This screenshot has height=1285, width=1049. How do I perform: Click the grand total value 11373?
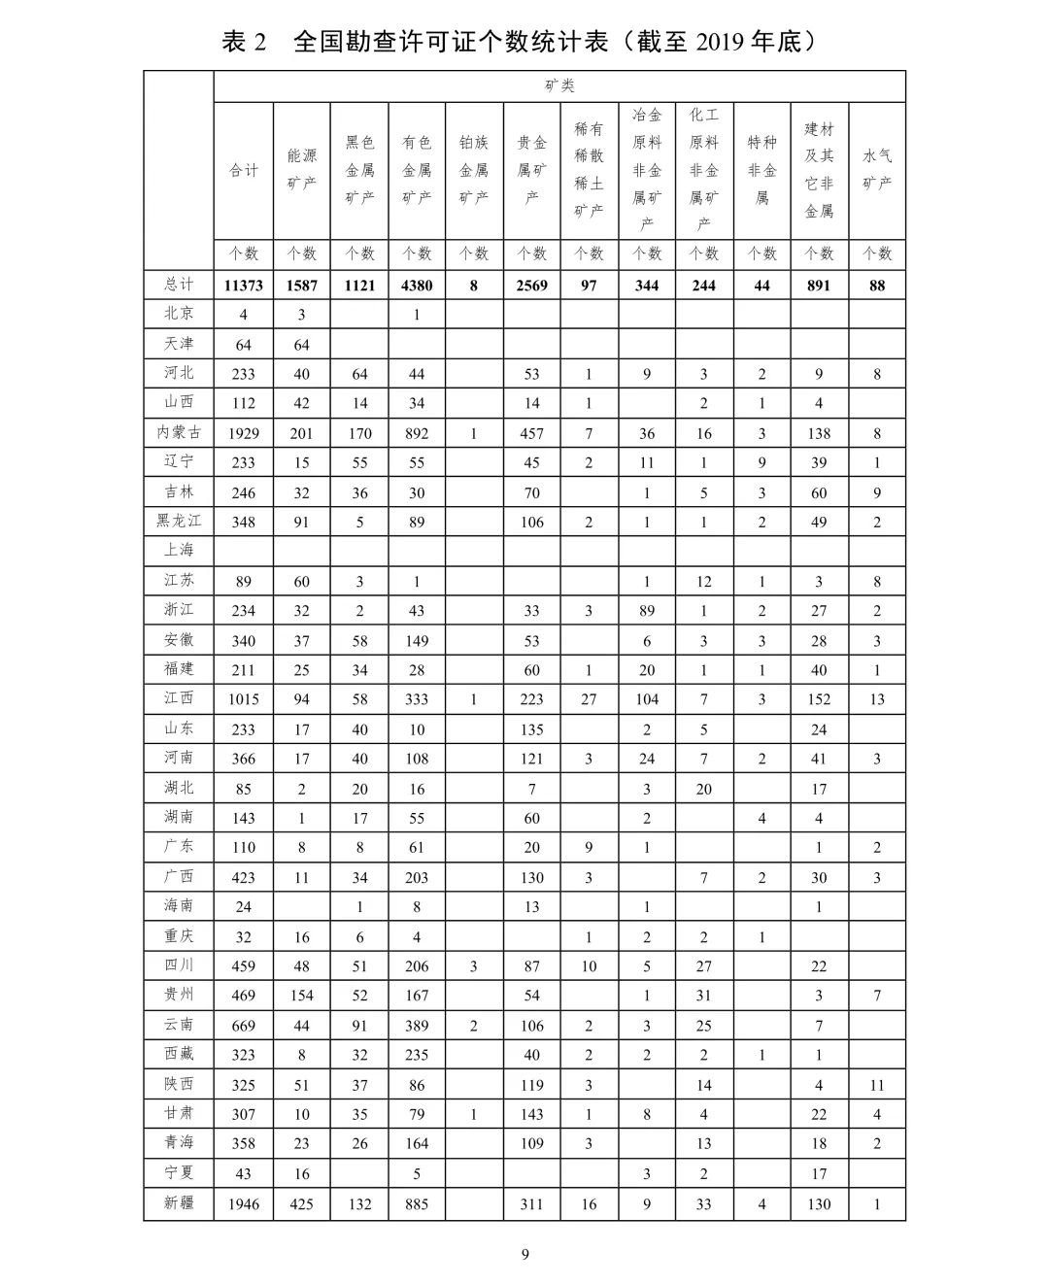click(243, 286)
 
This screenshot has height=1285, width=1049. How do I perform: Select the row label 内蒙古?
click(179, 432)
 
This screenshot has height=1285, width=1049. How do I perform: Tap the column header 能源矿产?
click(301, 169)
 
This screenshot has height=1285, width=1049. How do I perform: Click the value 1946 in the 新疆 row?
click(243, 1204)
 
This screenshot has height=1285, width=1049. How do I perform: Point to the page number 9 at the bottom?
click(524, 1254)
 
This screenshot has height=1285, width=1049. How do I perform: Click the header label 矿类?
click(559, 85)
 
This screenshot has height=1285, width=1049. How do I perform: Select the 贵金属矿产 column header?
click(531, 169)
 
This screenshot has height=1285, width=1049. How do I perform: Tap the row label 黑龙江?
click(179, 521)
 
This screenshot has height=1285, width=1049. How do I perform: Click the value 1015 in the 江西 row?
click(243, 699)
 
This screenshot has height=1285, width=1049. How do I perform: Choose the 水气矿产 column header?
click(877, 169)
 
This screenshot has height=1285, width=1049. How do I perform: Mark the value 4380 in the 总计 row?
click(417, 286)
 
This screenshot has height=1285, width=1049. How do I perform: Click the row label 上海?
click(179, 550)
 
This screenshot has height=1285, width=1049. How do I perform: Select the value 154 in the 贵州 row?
click(301, 996)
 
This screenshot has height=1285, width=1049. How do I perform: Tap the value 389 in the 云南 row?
click(417, 1026)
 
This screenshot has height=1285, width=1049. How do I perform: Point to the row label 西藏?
click(179, 1054)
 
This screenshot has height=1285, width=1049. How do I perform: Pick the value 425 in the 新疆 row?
click(301, 1204)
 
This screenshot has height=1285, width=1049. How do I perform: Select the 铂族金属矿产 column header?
click(474, 169)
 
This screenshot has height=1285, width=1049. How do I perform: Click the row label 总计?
click(179, 285)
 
